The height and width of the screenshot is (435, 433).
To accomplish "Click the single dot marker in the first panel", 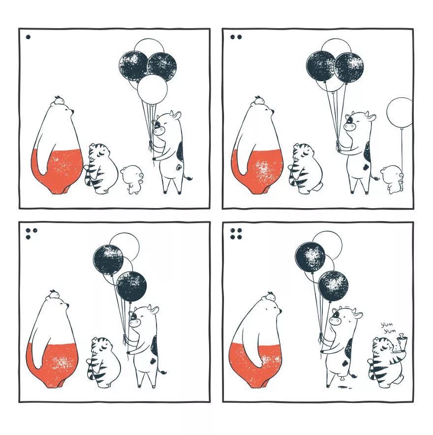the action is [28, 36].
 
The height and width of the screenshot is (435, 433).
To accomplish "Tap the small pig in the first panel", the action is [132, 180].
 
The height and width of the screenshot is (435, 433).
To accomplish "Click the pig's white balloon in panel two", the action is [400, 113].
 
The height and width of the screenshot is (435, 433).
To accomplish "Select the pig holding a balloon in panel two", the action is [392, 179].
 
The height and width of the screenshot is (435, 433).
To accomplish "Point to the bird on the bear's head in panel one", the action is [59, 100].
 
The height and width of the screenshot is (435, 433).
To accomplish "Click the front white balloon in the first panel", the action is [152, 90].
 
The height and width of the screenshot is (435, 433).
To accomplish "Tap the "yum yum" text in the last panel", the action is [388, 328].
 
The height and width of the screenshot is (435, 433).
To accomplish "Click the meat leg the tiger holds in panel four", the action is [402, 341].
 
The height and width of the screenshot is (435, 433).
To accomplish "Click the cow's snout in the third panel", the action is [134, 323].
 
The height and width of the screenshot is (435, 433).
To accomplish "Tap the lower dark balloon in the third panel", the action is [131, 286].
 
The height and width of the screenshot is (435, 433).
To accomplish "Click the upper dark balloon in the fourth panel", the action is [310, 256].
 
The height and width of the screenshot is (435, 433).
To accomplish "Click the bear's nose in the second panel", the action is [273, 111].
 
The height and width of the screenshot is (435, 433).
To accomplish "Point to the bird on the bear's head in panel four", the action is [270, 296].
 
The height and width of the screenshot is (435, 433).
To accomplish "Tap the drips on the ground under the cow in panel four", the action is [344, 387].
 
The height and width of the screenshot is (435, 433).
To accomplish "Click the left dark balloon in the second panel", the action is [321, 66].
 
